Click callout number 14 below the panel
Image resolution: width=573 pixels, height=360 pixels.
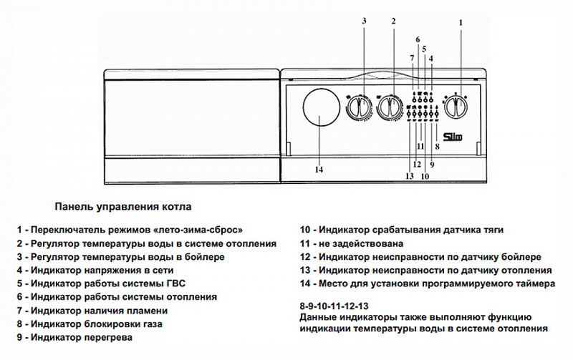click(319, 170)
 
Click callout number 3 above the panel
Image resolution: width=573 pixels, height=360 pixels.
click(364, 20)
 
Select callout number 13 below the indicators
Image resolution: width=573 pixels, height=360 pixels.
click(410, 175)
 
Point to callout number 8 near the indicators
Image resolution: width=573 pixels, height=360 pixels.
click(436, 145)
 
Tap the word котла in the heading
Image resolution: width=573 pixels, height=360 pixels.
click(176, 208)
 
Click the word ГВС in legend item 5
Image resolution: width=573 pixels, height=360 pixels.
click(156, 284)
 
